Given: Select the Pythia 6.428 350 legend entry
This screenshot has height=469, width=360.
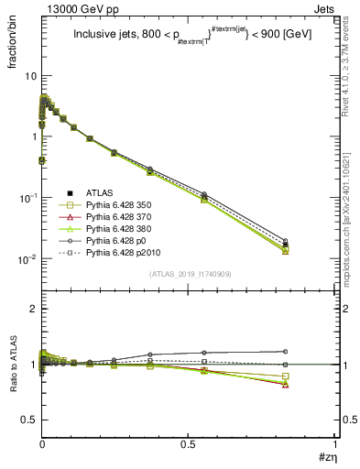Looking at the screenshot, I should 119,204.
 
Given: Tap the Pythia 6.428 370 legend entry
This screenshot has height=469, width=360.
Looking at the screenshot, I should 119,216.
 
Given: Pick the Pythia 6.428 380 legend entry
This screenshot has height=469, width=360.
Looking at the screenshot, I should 119,228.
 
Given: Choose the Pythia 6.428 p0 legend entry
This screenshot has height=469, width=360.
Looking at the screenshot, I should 117,240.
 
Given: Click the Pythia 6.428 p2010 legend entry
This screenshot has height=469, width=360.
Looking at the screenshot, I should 123,252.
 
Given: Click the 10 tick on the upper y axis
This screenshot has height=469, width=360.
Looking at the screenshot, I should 29,75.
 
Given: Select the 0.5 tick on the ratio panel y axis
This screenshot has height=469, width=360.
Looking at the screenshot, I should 28,420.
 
